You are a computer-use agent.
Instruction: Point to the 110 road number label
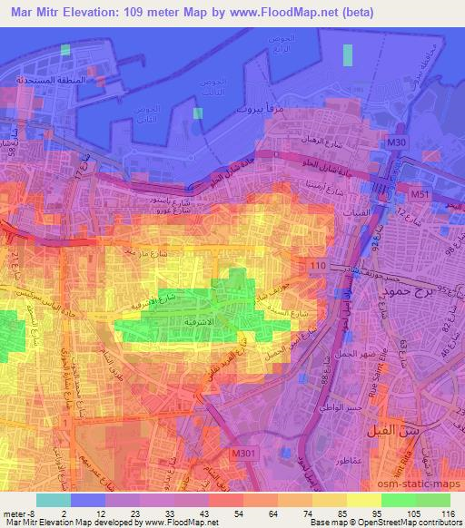pyautogui.click(x=318, y=264)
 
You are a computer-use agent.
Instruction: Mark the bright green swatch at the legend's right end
pyautogui.click(x=433, y=500)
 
